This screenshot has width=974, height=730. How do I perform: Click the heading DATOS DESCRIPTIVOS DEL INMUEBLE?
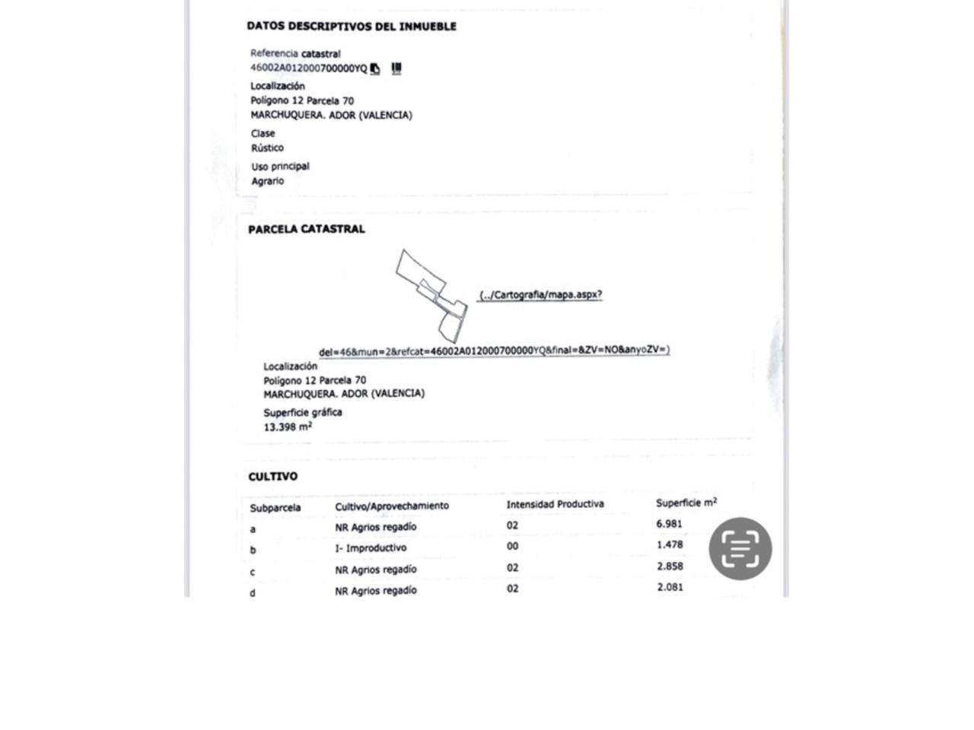tap(351, 26)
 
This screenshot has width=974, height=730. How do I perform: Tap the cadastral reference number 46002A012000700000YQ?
tap(308, 68)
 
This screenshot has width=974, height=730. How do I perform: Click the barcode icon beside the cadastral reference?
tap(396, 68)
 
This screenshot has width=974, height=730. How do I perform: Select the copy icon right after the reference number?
tap(375, 69)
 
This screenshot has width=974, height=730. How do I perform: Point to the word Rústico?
tap(267, 148)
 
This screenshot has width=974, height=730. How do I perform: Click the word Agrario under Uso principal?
tap(268, 181)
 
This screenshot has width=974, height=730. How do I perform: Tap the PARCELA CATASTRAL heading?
tap(306, 229)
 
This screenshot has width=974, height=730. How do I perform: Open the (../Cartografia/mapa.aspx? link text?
tap(540, 295)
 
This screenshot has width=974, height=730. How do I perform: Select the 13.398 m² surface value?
tap(288, 427)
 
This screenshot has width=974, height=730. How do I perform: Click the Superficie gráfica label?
tap(303, 412)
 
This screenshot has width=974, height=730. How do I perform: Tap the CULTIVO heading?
tap(272, 477)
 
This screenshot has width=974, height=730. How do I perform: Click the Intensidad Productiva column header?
tap(555, 504)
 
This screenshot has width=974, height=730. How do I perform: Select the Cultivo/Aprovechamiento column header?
tap(392, 506)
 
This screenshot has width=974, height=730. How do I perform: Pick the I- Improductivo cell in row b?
tap(371, 548)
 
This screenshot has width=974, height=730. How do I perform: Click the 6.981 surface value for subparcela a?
tap(669, 524)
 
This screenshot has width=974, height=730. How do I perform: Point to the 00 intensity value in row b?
tap(512, 546)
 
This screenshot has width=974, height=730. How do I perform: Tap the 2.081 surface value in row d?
tap(670, 587)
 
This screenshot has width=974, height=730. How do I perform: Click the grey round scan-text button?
tap(740, 548)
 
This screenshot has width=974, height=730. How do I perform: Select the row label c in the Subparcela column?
tap(253, 572)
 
